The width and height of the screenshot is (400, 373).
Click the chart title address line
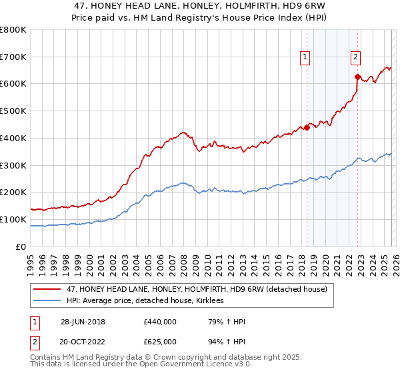pos(200,6)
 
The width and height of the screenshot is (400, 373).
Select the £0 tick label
pos(21,246)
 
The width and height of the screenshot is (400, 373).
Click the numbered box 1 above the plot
pos(305,58)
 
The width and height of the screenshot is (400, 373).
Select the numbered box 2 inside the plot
pos(356,58)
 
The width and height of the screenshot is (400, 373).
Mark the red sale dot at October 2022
pos(357,77)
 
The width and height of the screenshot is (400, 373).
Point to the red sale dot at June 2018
pos(307,127)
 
